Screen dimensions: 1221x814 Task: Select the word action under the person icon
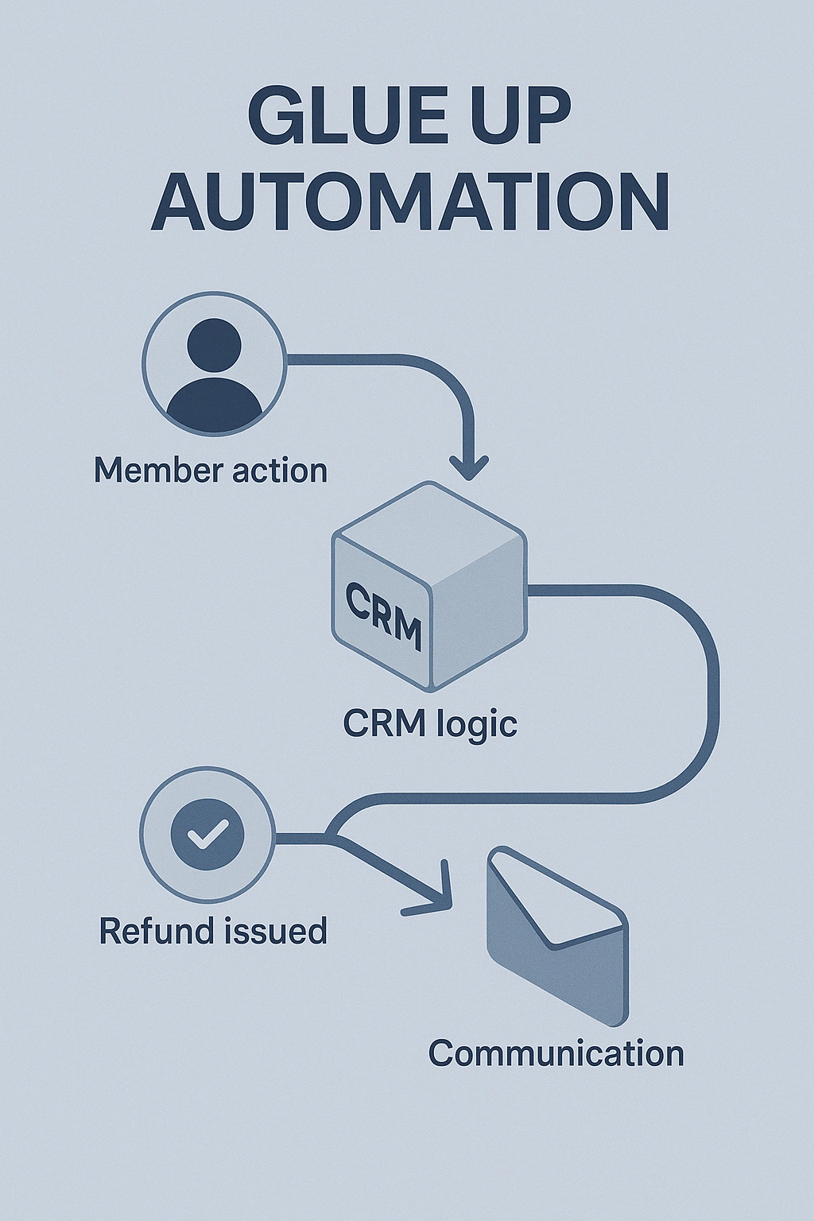281,471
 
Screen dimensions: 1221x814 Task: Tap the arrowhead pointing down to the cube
468,468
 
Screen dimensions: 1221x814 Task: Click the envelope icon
556,938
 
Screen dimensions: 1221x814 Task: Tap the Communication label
556,1053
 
